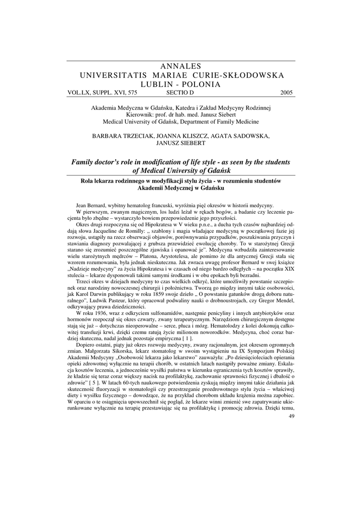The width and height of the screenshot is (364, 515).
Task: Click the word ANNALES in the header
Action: click(181, 66)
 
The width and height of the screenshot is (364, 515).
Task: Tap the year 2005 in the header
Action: click(287, 93)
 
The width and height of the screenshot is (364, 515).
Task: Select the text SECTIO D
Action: click(179, 93)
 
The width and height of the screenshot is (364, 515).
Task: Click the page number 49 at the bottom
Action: click(292, 421)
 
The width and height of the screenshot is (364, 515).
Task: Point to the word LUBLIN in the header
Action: click(157, 84)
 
